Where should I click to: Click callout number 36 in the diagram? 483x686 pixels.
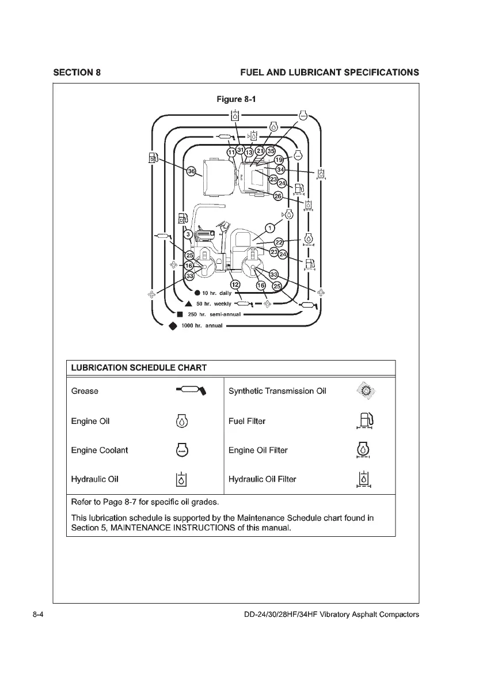point(192,170)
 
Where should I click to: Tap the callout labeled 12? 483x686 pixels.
point(235,284)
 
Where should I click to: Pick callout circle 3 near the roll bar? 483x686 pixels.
point(188,234)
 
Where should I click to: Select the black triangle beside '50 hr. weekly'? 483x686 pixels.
point(188,304)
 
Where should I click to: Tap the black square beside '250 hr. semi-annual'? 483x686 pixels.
point(180,314)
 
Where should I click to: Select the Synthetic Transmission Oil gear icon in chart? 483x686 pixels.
point(364,391)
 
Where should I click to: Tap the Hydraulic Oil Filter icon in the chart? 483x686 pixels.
point(363,480)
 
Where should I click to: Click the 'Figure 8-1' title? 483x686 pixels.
point(235,99)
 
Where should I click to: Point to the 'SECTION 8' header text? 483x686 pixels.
point(77,73)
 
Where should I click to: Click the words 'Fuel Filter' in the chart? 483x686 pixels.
point(247,421)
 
